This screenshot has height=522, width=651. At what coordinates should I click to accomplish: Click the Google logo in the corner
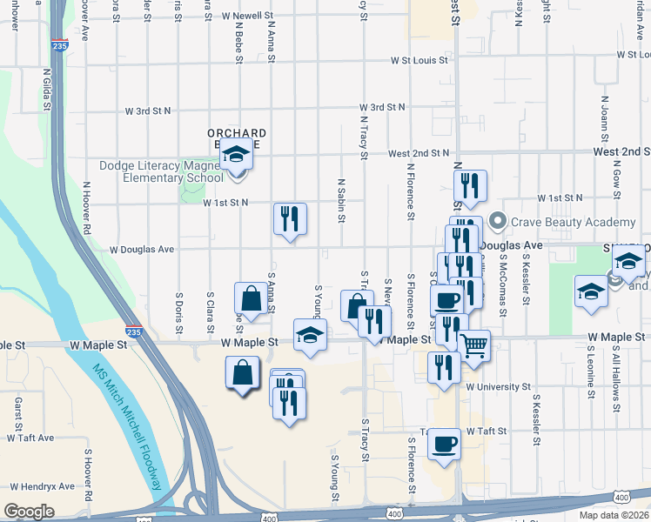[30, 511]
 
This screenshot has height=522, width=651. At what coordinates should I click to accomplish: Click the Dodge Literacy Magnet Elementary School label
[162, 172]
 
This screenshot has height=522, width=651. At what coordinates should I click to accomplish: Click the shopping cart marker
[473, 345]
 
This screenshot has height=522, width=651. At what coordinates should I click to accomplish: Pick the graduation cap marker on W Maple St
[310, 335]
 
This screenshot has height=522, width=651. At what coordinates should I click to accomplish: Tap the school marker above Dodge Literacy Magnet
[234, 156]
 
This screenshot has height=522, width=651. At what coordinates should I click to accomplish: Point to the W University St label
[498, 386]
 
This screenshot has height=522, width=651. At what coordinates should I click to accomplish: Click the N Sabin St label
[340, 200]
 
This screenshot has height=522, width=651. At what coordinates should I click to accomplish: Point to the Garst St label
[17, 414]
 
